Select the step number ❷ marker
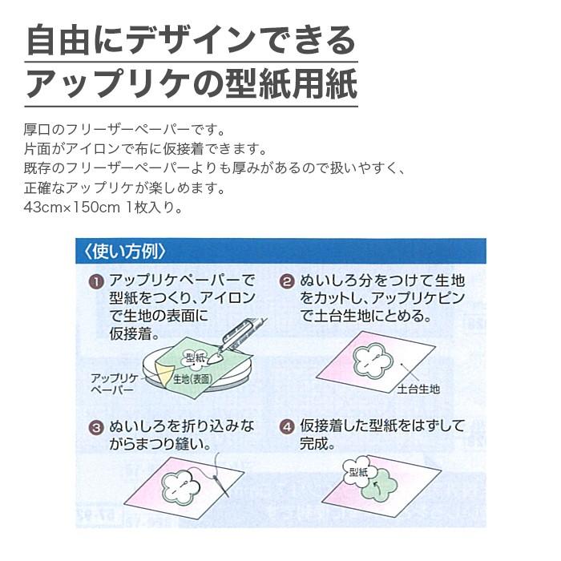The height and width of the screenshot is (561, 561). click(x=286, y=281)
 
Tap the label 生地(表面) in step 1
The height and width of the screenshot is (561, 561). click(x=192, y=379)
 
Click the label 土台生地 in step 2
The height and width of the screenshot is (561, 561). click(x=418, y=390)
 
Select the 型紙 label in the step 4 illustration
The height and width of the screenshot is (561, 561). click(x=357, y=473)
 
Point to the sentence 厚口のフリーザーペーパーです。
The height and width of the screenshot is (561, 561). click(x=125, y=128)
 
